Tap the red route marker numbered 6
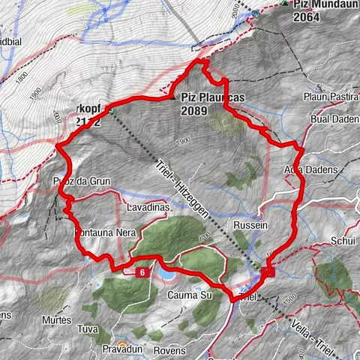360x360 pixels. [x=140, y=272]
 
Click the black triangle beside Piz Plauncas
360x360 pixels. [x=174, y=97]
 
